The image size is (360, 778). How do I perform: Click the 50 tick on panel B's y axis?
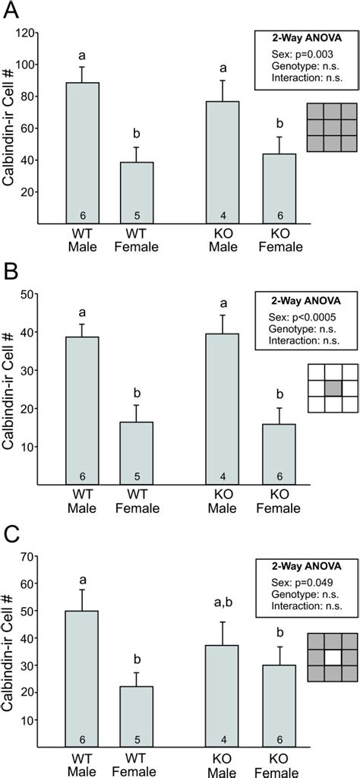pos(30,293)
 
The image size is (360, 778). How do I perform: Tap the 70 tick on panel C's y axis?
pos(30,556)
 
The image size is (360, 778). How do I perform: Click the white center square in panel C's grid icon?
pos(330,652)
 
